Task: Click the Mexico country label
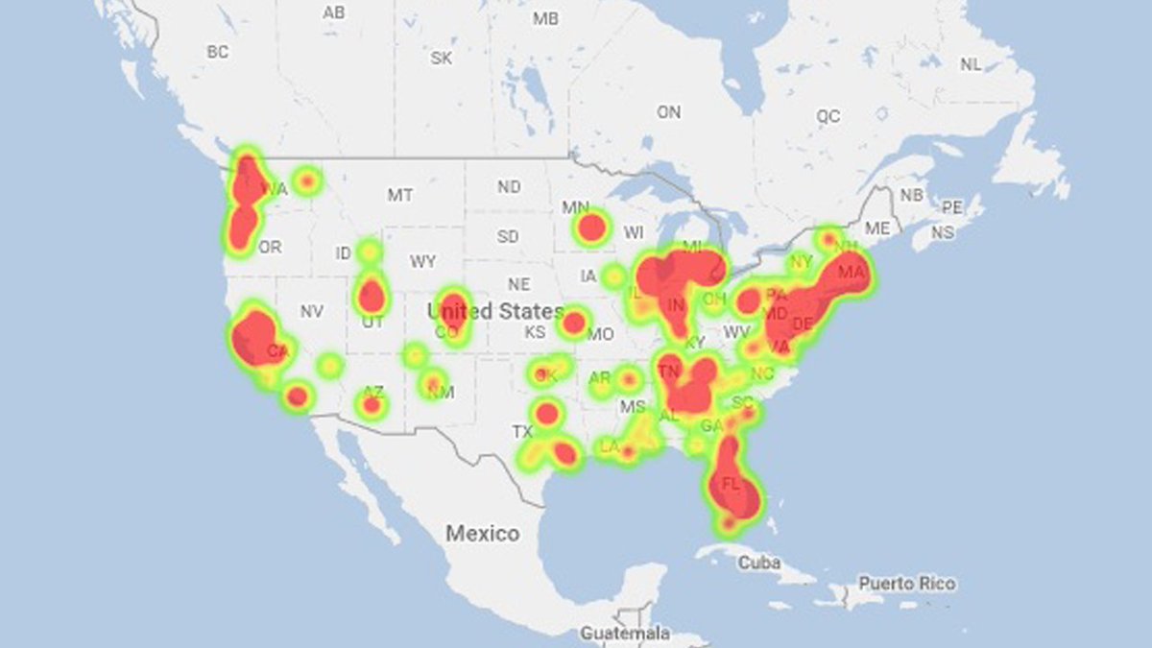click(483, 534)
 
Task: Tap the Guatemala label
click(625, 634)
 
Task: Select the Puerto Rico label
click(907, 583)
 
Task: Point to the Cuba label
click(758, 563)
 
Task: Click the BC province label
click(218, 52)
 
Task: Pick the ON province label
click(668, 112)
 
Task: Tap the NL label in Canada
click(972, 64)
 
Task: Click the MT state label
click(400, 195)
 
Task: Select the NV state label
click(310, 311)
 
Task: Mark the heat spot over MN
click(591, 228)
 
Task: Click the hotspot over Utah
click(372, 295)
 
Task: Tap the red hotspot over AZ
click(372, 404)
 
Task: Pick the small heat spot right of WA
click(307, 180)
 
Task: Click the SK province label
click(441, 58)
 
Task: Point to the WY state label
click(422, 261)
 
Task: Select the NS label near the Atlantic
click(943, 232)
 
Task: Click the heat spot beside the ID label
click(369, 252)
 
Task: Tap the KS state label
click(535, 332)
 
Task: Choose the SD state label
click(508, 236)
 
